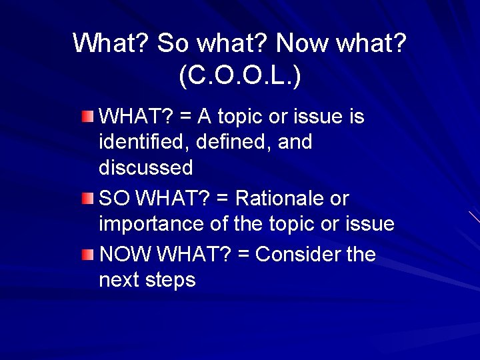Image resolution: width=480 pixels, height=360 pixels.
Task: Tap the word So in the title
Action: coord(173,44)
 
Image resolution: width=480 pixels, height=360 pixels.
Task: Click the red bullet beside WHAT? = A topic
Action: coord(88,117)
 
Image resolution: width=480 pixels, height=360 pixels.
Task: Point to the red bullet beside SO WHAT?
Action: coord(88,199)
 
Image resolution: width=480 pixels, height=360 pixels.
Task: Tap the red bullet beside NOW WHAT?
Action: coord(88,255)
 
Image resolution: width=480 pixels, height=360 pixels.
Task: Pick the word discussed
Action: coord(145,167)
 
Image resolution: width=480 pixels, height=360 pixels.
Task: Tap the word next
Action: coord(118,281)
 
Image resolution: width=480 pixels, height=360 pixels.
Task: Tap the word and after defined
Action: coord(293,142)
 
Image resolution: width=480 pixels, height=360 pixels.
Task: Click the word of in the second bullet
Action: coord(220,225)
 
